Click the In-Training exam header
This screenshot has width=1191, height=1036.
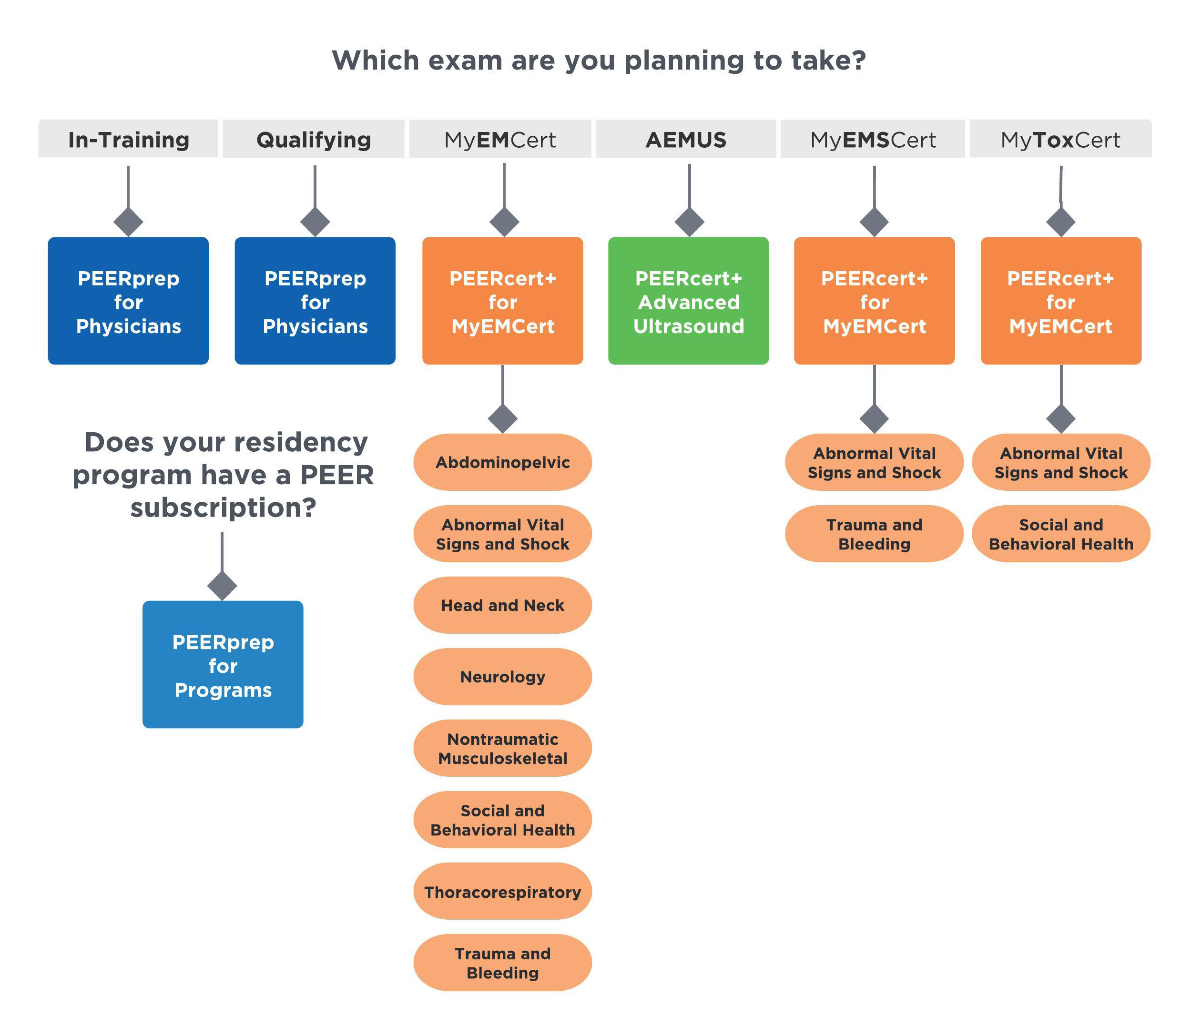tap(128, 139)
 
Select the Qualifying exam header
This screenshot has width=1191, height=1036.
tap(314, 139)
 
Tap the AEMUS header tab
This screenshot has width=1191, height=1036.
tap(686, 139)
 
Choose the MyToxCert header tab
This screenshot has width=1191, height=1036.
tap(1060, 139)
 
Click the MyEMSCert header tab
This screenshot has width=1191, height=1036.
tap(873, 139)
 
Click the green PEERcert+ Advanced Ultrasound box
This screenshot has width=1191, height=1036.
tap(689, 301)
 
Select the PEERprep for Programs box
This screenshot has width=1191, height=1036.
tap(223, 665)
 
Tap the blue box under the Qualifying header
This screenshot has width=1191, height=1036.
tap(315, 301)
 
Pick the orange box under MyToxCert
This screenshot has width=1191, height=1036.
tap(1061, 301)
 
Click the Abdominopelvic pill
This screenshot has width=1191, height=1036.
tap(502, 463)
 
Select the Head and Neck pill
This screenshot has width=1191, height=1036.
tap(502, 605)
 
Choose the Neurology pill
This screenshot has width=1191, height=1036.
tap(502, 677)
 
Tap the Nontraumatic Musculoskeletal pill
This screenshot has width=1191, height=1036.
tap(502, 749)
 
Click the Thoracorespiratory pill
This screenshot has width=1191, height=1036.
tap(502, 892)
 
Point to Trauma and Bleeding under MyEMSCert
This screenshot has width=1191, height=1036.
tap(874, 534)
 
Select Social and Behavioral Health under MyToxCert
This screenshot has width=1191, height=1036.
tap(1061, 534)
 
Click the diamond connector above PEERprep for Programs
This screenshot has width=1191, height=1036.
tap(222, 586)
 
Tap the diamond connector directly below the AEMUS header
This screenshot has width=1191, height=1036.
tap(689, 222)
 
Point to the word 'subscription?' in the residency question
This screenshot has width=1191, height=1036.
tap(223, 508)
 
